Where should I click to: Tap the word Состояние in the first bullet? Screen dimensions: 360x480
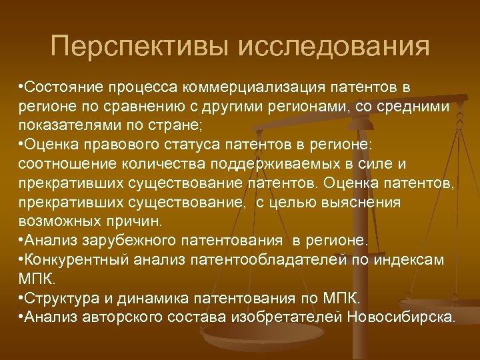61,89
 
